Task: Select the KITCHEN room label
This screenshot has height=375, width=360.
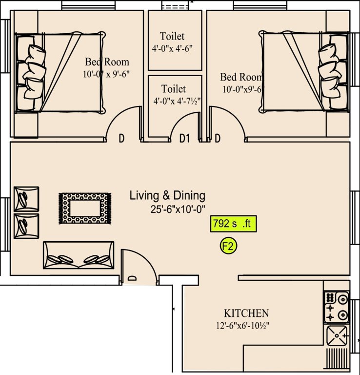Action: pos(246,313)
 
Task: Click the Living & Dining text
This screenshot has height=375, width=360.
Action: pos(167,196)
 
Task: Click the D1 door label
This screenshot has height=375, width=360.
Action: pos(184,139)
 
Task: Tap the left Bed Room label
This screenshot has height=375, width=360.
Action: pos(107,62)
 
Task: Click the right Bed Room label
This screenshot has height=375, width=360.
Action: pos(241,77)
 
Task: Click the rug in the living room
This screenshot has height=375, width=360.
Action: pos(85,208)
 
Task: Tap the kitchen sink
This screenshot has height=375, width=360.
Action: pos(337,336)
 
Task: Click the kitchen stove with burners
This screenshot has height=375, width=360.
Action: pos(337,307)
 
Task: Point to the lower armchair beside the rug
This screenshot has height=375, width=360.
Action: pos(26,226)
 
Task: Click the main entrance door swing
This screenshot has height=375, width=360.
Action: pos(136,264)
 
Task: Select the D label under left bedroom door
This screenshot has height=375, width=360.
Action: pos(121,139)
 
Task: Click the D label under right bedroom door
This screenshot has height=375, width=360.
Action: pos(218,139)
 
